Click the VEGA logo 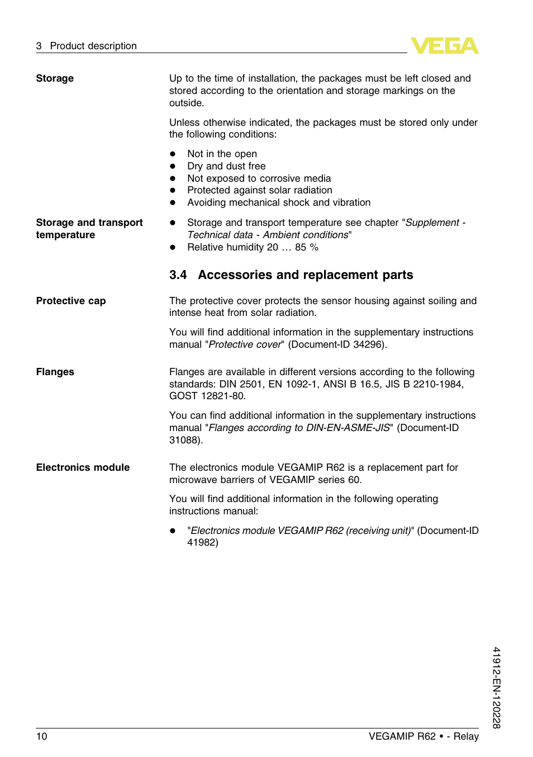pos(444,46)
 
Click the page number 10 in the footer pos(42,736)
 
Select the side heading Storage pos(55,78)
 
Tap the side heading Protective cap pos(71,301)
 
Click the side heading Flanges pos(55,372)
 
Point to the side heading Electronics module pos(83,467)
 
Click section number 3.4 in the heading pos(178,275)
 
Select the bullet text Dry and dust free pos(226,166)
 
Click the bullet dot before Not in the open pos(173,154)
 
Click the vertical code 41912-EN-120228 pos(496,687)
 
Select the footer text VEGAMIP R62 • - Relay pos(423,736)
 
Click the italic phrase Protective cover pos(245,344)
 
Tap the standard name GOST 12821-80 pos(207,396)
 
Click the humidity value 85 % pos(307,247)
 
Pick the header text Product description pos(93,46)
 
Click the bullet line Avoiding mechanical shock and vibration pos(279,202)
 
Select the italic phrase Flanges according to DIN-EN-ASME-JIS pos(299,428)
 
